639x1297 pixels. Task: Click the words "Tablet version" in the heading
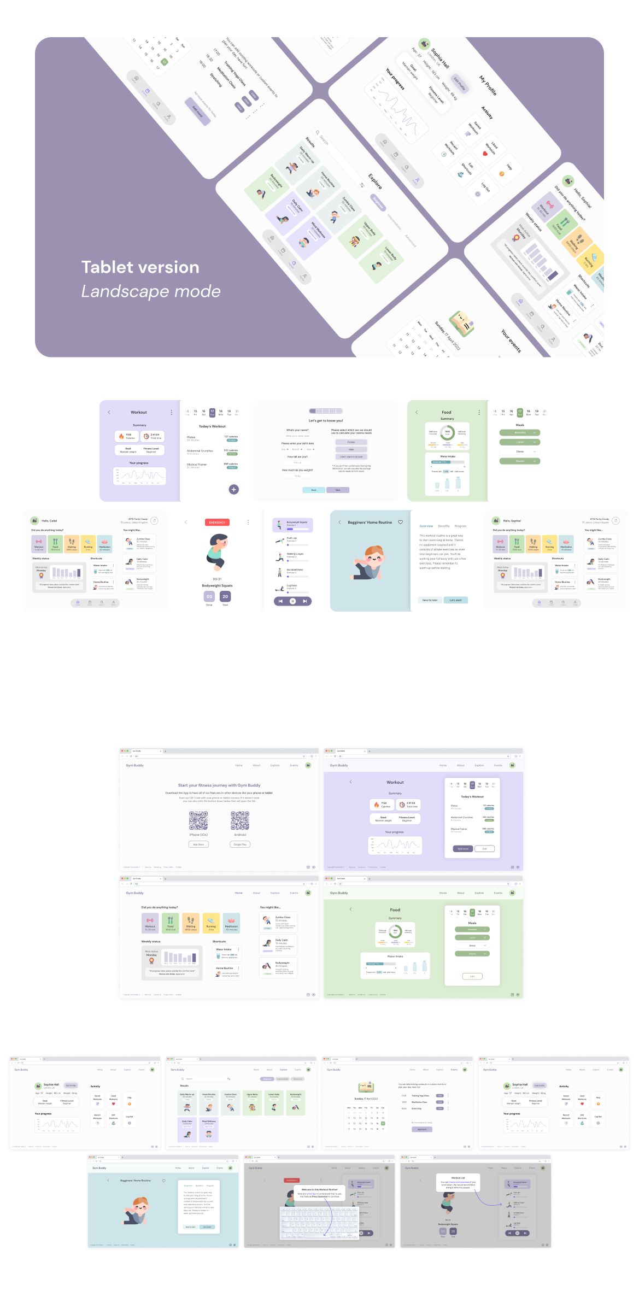coord(140,267)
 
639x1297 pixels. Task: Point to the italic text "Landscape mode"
coord(151,291)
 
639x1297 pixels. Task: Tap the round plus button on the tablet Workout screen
coord(233,489)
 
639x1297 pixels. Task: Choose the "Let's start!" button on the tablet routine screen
coord(455,600)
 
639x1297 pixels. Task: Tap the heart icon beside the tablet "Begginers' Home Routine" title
coord(400,522)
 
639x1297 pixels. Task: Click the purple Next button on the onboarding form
coord(337,490)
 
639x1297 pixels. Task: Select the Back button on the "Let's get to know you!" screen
coord(314,490)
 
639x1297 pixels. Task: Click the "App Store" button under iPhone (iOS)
coord(198,844)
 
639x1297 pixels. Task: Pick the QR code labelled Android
coord(240,820)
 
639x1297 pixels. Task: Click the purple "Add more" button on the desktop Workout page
coord(462,849)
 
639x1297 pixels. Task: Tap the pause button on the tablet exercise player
coord(292,601)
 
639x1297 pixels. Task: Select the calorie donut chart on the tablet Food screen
coord(447,432)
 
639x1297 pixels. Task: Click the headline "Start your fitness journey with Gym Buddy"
coord(219,785)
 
